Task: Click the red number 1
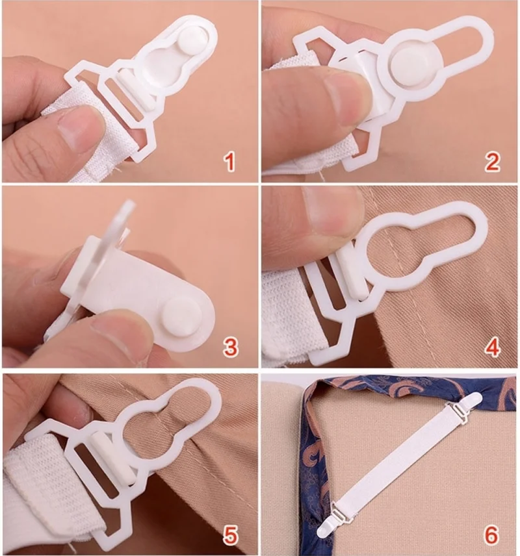230,162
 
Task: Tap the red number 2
492,161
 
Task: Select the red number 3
230,347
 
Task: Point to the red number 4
493,347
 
